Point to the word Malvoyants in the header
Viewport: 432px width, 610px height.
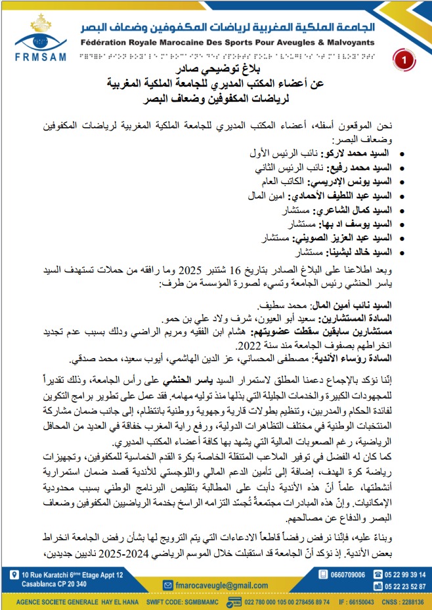click(351, 43)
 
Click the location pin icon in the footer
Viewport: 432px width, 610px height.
click(14, 575)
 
